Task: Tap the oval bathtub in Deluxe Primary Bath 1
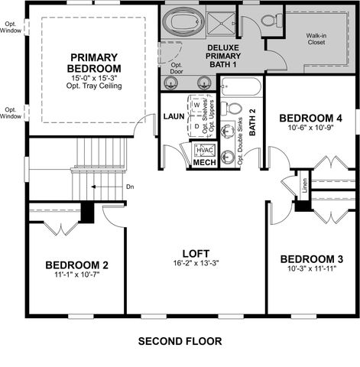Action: tap(181, 21)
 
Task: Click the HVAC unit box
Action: tap(204, 150)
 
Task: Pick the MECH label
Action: tap(204, 163)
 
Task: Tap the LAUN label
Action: tap(172, 116)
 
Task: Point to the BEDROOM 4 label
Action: tap(310, 118)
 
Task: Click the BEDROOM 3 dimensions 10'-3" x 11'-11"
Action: tap(310, 269)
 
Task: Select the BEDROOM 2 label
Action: tap(76, 265)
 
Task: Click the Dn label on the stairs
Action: tap(109, 186)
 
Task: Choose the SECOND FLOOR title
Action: tap(180, 341)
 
